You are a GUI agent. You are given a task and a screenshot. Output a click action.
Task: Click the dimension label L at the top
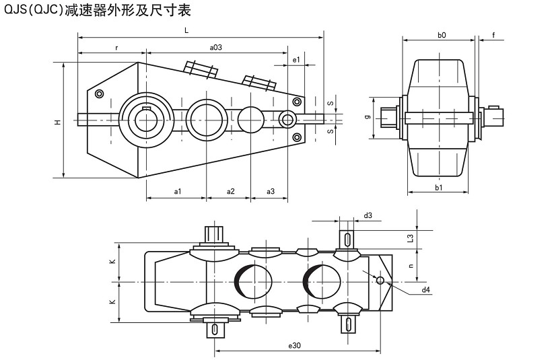click(186, 31)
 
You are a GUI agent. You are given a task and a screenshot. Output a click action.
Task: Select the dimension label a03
click(216, 47)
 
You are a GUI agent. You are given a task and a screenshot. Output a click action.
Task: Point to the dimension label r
click(116, 47)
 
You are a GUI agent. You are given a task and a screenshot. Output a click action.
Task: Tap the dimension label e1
click(296, 60)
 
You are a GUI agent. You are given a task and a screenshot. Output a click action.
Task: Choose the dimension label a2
click(230, 192)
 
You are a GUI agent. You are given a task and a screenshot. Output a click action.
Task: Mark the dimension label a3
click(271, 192)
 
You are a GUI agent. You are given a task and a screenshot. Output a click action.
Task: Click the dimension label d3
click(368, 215)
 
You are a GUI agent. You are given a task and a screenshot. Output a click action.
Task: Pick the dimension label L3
click(411, 237)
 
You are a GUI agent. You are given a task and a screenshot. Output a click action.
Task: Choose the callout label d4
click(425, 290)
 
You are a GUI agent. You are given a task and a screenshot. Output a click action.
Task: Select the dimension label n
click(411, 265)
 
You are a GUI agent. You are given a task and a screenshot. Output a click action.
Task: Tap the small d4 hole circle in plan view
click(380, 281)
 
